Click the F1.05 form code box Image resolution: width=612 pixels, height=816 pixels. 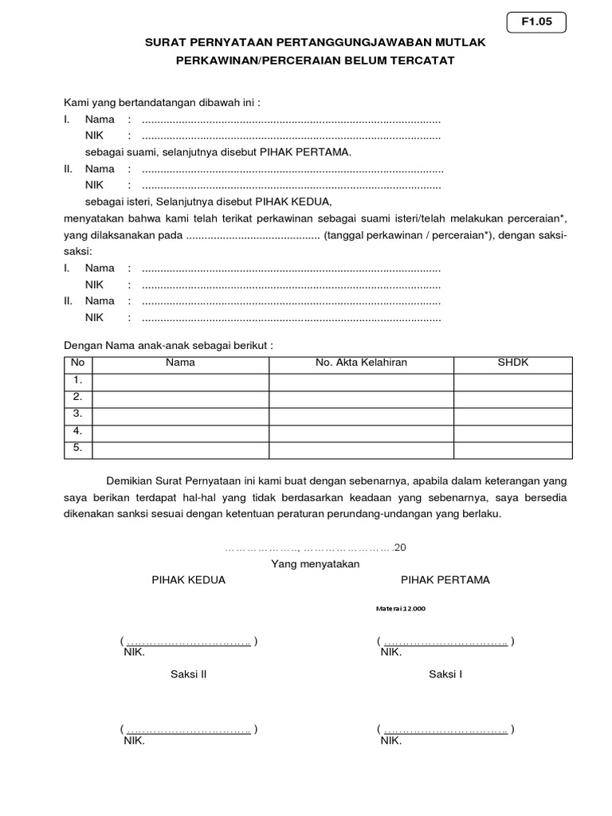coord(536,24)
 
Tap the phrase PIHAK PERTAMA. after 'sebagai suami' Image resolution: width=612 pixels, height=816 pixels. coord(301,151)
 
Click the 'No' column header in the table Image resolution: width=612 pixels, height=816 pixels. coord(78,363)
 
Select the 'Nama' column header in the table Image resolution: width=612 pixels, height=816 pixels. coord(180,363)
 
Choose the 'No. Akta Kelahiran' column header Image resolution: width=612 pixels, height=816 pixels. coord(361,363)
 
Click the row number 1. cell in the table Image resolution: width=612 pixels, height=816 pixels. coord(78,380)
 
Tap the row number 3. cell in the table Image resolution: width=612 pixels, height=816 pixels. coord(78,414)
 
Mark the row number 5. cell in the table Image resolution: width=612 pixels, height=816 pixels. coord(78,449)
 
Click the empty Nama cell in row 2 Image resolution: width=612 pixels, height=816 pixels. coord(180,398)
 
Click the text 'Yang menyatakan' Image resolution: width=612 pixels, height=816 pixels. coord(316,563)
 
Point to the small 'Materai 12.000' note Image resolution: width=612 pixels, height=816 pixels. coord(401,608)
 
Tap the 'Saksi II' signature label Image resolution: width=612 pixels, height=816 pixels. coord(189,674)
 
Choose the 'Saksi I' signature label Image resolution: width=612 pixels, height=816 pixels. coord(446,674)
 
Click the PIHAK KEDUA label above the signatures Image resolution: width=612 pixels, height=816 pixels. coord(189,580)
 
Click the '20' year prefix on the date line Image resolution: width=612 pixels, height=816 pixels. coord(400,547)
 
